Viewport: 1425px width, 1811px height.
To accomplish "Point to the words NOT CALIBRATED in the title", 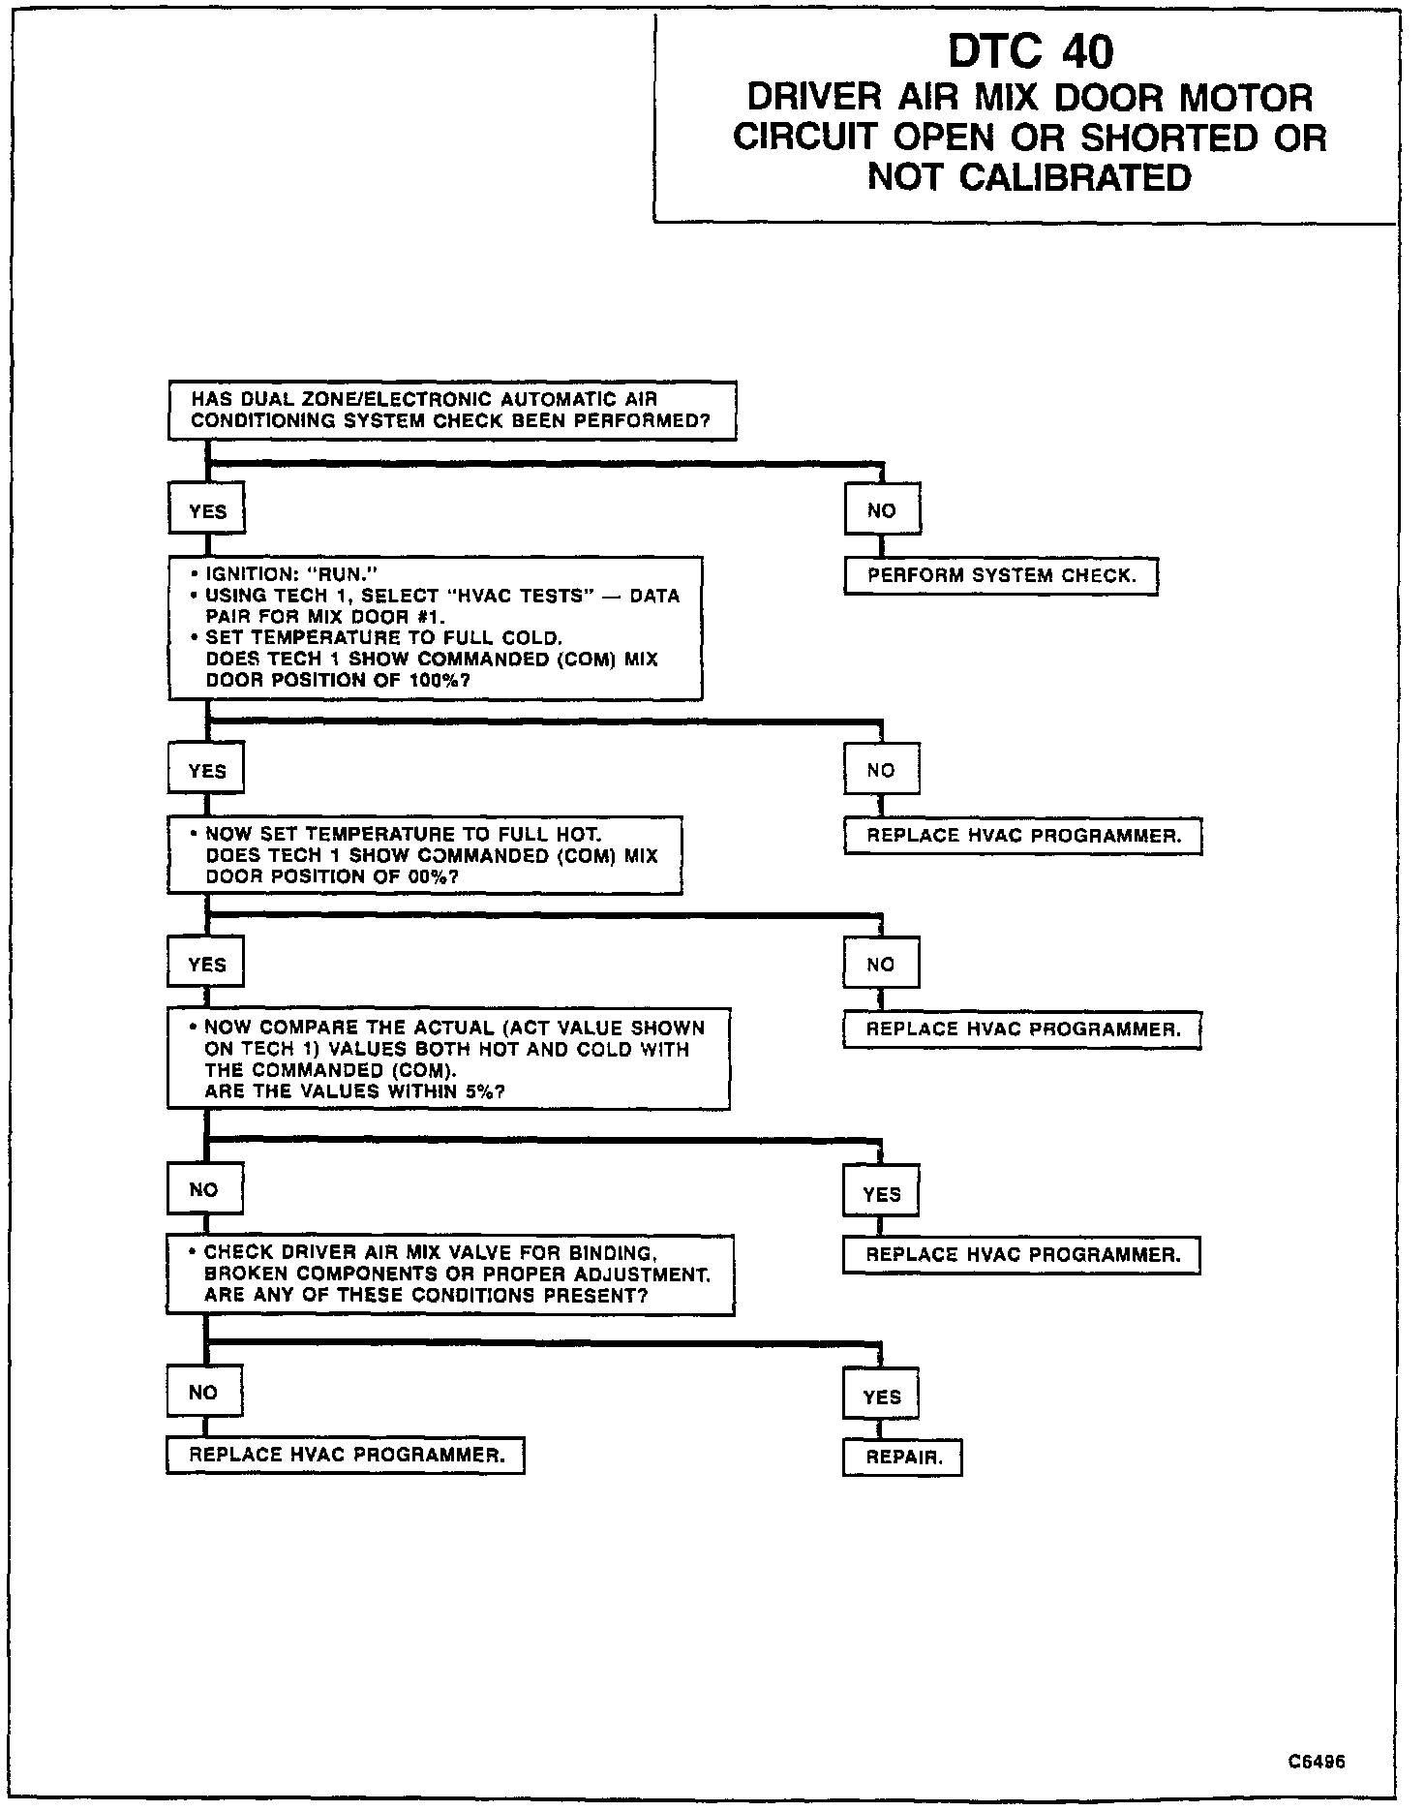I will pyautogui.click(x=1029, y=177).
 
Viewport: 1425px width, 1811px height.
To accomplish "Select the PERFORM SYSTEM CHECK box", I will pyautogui.click(x=1001, y=575).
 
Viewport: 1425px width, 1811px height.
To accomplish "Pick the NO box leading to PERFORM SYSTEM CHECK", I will pyautogui.click(x=882, y=510).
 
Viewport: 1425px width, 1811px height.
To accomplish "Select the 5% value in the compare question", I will pyautogui.click(x=484, y=1091).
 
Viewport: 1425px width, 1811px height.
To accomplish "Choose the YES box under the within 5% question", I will pyautogui.click(x=881, y=1194).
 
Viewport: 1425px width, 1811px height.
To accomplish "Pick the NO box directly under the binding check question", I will pyautogui.click(x=203, y=1392).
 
